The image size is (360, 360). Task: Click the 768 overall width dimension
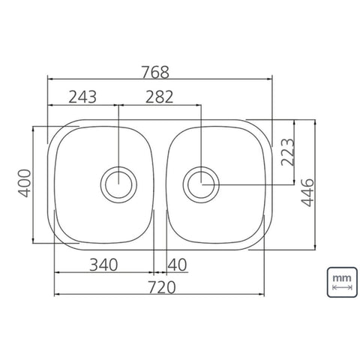[155, 72]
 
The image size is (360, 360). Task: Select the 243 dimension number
[82, 97]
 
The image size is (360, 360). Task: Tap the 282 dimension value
[159, 97]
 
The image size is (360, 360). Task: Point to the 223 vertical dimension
[288, 152]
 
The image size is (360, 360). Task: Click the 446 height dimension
[307, 193]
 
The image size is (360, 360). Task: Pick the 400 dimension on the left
[25, 183]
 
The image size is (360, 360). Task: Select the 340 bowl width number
[103, 265]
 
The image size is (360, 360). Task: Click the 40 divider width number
[177, 265]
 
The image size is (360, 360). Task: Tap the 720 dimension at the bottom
[162, 287]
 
